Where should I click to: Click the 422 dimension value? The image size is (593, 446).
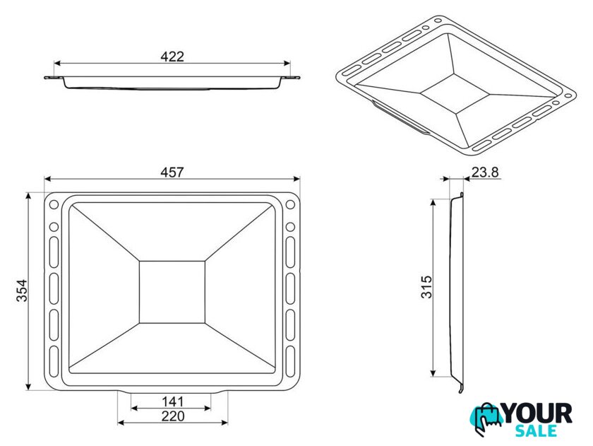[172, 57]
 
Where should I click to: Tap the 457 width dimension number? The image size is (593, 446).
[172, 172]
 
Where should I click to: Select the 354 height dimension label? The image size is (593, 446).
[22, 291]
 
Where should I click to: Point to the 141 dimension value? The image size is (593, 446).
[172, 401]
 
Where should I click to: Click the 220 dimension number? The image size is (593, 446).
[173, 416]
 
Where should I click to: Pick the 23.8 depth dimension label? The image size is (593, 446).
[485, 172]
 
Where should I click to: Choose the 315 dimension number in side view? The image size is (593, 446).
[426, 287]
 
